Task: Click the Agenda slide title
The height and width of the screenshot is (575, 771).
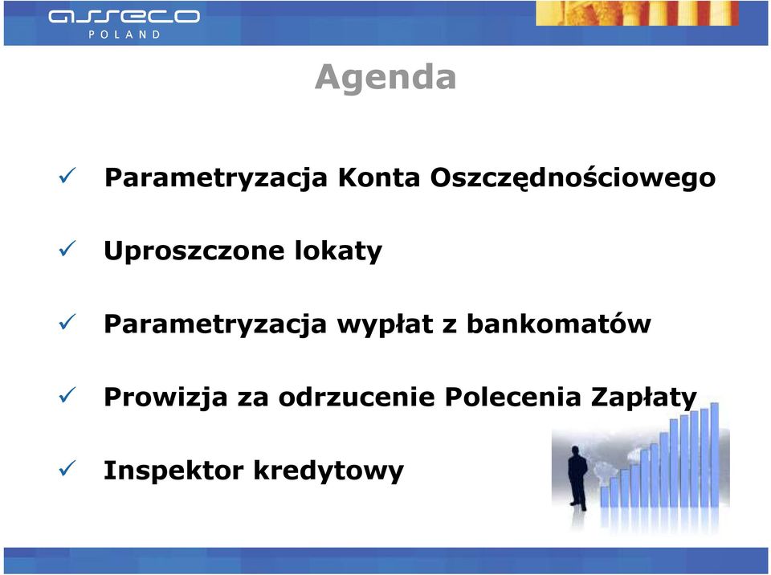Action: point(385,78)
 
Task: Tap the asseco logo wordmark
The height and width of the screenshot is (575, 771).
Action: point(124,17)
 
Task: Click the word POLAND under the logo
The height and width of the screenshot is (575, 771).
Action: point(124,35)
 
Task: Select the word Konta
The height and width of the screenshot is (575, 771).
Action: point(378,177)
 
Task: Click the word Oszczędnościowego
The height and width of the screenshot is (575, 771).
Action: point(573,178)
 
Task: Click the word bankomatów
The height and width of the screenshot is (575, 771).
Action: point(559,324)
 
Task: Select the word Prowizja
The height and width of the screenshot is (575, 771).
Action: point(165,398)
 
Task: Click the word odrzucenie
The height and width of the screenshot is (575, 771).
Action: point(357,397)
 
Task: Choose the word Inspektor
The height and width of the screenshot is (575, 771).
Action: point(173,471)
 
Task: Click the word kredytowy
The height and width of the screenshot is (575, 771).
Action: point(328,471)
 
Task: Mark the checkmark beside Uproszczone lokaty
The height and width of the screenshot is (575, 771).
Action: point(67,248)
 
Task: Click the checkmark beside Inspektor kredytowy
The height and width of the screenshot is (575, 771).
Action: point(67,467)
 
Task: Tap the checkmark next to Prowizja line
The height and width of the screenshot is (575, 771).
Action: point(67,394)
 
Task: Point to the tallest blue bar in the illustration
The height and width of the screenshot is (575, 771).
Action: point(715,455)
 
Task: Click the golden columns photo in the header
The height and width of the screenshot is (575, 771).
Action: point(637,14)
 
